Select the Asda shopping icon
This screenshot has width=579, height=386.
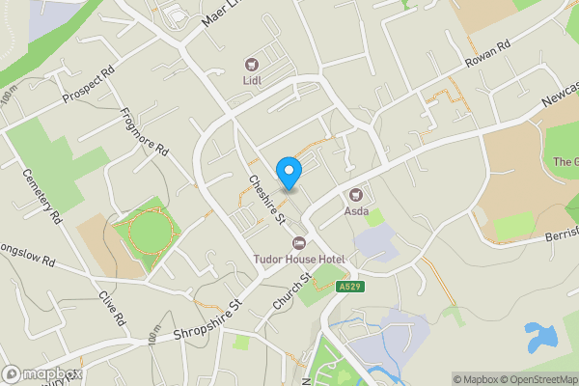click(x=356, y=193)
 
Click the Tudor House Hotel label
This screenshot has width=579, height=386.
click(x=298, y=259)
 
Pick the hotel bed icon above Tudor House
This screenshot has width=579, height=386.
click(x=298, y=243)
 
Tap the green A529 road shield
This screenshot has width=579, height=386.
click(x=350, y=287)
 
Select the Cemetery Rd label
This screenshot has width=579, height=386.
click(x=41, y=198)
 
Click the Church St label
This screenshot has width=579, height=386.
click(x=289, y=291)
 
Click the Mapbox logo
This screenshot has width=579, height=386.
click(x=42, y=373)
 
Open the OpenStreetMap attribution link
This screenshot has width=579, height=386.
click(x=538, y=379)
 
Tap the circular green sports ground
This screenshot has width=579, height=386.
click(x=148, y=233)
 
